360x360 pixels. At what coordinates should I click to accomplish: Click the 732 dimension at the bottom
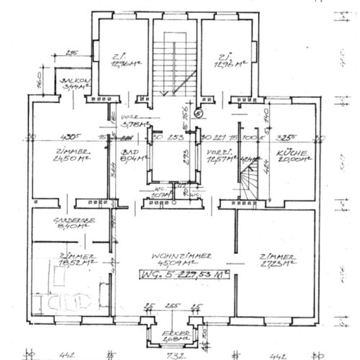172,354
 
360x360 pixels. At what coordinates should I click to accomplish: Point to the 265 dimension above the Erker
171,306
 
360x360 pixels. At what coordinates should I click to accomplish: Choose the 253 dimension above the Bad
176,136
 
